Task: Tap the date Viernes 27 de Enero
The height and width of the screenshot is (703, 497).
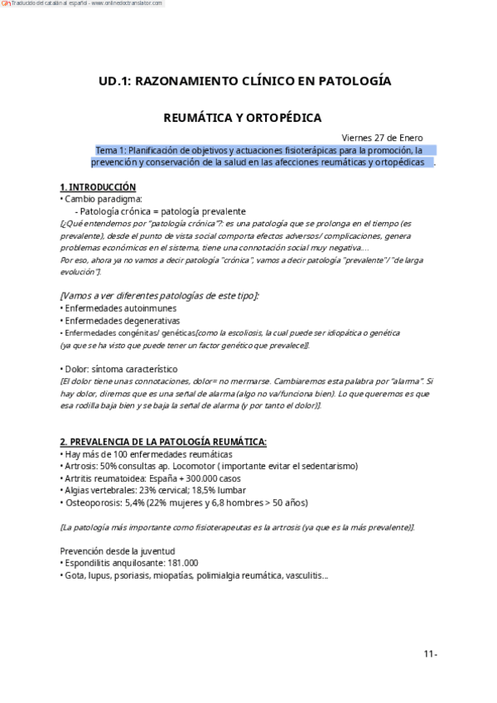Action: click(382, 138)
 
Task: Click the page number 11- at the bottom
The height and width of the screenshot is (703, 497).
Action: click(430, 654)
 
